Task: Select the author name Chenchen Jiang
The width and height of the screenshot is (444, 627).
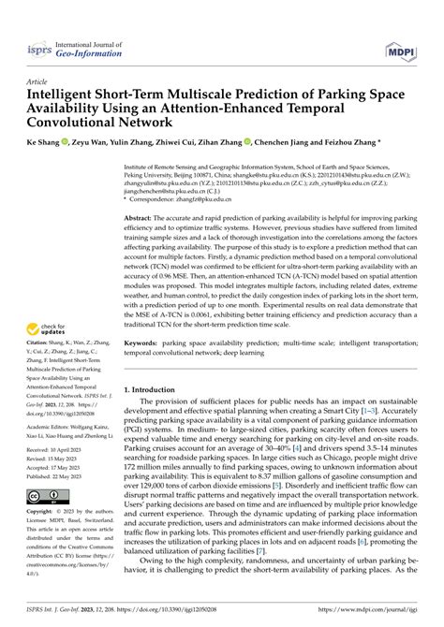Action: pyautogui.click(x=282, y=145)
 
